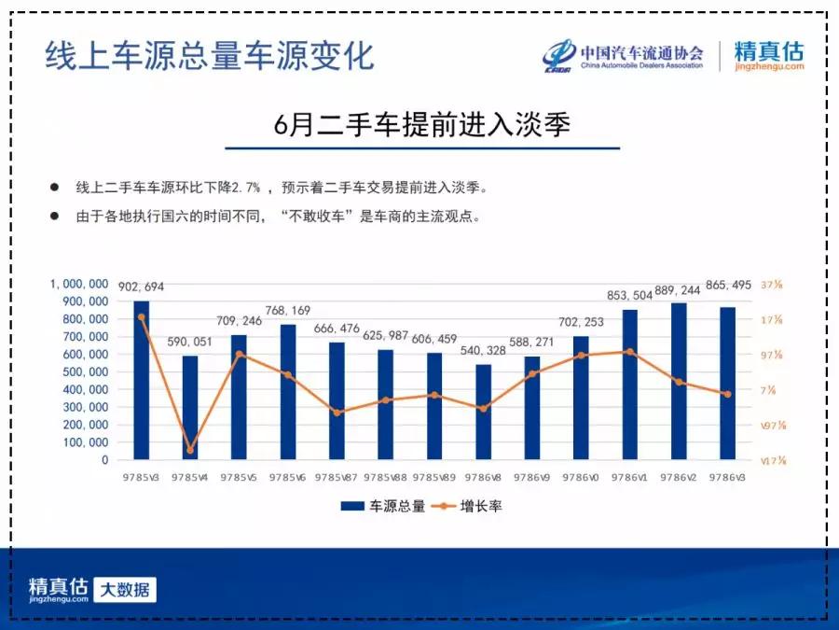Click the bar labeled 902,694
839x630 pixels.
[141, 380]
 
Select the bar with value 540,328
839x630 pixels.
[483, 412]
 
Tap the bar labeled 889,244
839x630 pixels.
[679, 381]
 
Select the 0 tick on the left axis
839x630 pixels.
[104, 460]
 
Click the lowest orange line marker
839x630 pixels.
[190, 450]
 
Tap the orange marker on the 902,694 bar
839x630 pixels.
[142, 317]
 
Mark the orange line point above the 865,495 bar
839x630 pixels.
[727, 394]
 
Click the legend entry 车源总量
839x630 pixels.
[383, 506]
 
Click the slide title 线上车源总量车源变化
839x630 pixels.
[210, 55]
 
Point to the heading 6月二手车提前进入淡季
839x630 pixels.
[422, 124]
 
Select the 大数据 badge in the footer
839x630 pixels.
[125, 590]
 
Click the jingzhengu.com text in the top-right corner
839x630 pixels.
[769, 66]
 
